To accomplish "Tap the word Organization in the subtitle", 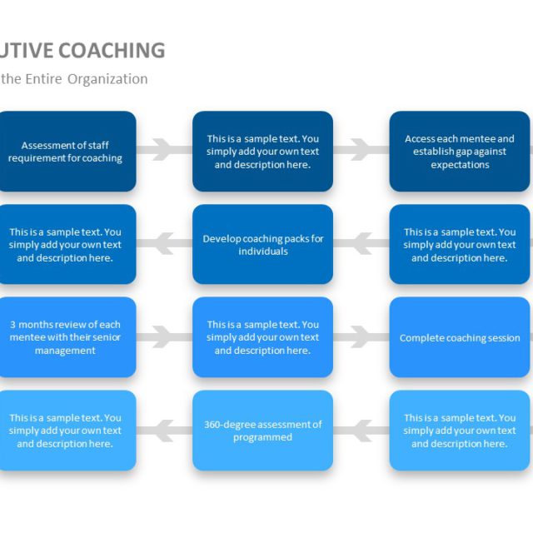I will click(107, 79).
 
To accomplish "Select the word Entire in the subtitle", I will click(47, 79).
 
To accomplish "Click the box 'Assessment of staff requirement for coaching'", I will click(66, 152).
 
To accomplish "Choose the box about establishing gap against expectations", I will click(460, 152).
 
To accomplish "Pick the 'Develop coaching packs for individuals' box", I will click(262, 245).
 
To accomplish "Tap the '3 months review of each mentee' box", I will click(66, 337).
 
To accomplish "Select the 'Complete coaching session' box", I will click(460, 337).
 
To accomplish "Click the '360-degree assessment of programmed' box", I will click(262, 431).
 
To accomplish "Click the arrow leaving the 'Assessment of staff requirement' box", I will click(164, 150).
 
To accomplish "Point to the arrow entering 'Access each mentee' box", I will click(361, 150).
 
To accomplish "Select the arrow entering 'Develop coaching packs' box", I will click(361, 244).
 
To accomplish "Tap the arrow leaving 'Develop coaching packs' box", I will click(164, 244).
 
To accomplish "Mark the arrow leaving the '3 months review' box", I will click(164, 337).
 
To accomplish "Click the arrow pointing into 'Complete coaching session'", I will click(361, 337).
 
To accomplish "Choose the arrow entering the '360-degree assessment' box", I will click(361, 431).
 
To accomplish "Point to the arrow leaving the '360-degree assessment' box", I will click(164, 431).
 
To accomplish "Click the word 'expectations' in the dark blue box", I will click(460, 165).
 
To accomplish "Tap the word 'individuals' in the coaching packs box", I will click(262, 252).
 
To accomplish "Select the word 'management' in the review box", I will click(65, 351).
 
